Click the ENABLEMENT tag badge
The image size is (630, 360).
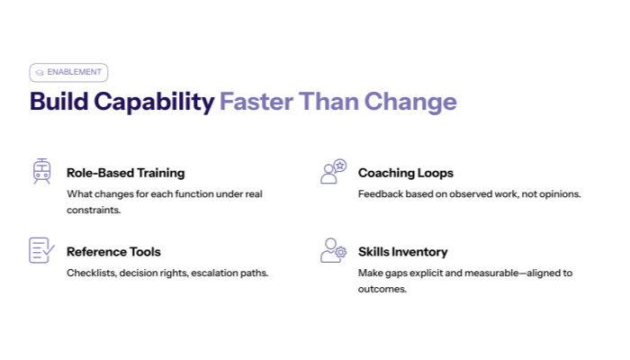click(x=68, y=72)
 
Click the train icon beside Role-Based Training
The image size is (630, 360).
click(x=41, y=171)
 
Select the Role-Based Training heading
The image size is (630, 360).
click(x=125, y=173)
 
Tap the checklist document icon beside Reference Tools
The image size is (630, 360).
click(x=41, y=250)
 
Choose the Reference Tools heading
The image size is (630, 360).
click(x=113, y=252)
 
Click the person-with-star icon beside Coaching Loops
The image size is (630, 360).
click(x=333, y=171)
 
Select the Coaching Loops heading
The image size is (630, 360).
click(x=405, y=173)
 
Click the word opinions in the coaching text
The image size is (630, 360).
click(x=558, y=193)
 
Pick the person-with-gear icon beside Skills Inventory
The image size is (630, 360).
click(x=333, y=250)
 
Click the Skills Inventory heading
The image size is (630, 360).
click(x=402, y=252)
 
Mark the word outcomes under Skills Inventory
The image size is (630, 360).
click(x=382, y=289)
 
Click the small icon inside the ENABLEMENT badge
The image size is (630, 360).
click(x=40, y=72)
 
